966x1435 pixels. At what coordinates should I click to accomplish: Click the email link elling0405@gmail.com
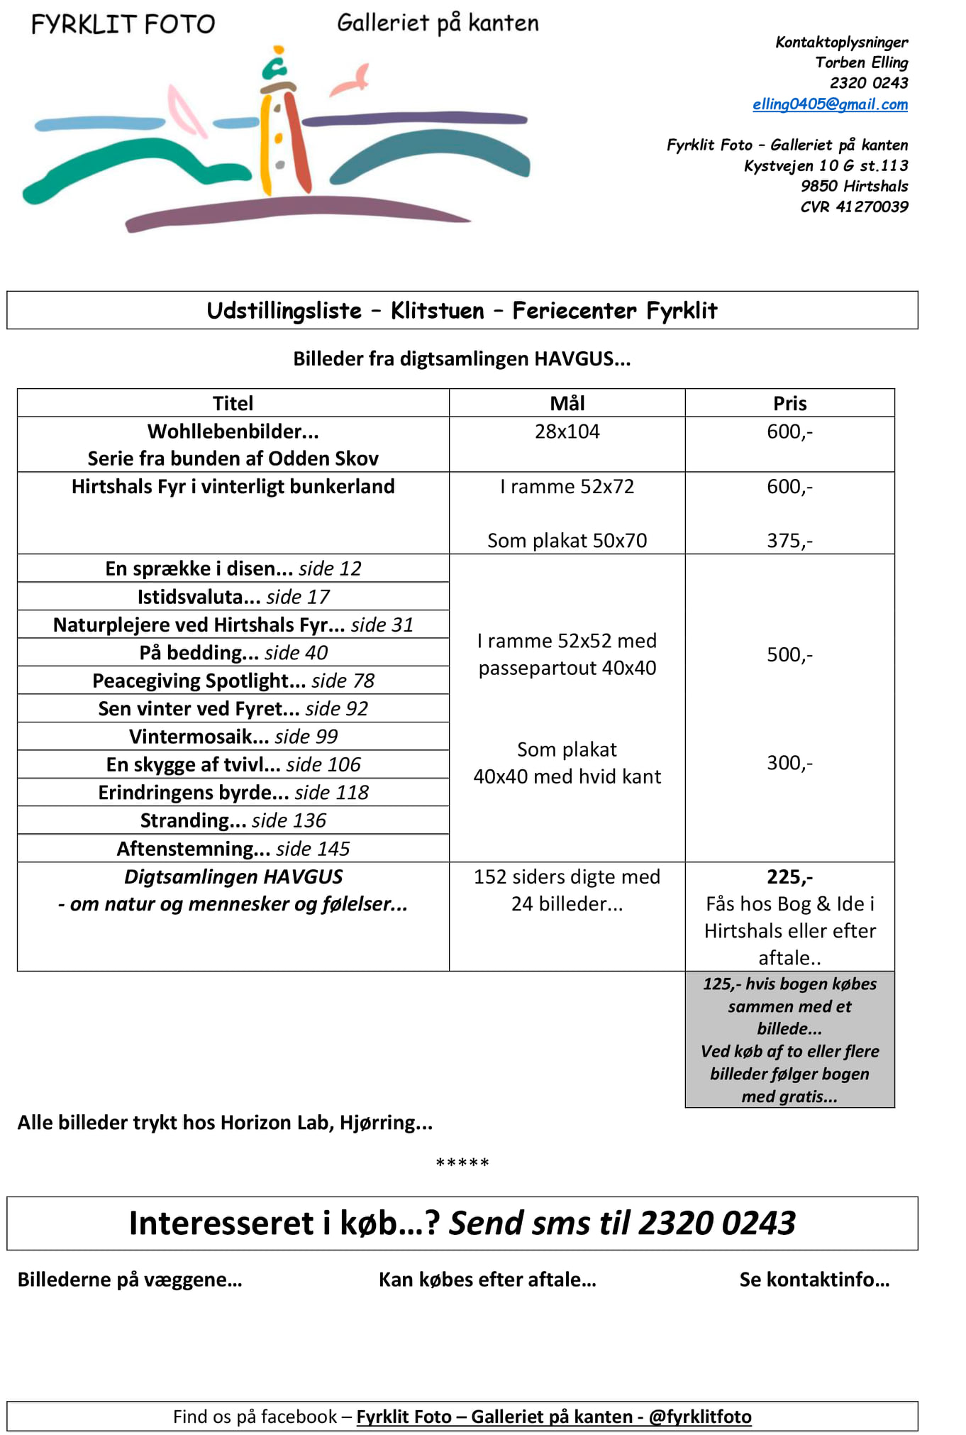pyautogui.click(x=830, y=104)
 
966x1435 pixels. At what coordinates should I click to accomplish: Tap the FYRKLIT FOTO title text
pyautogui.click(x=123, y=25)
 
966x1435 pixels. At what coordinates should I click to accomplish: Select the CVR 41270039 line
pyautogui.click(x=854, y=207)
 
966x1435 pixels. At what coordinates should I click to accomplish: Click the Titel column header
pyautogui.click(x=233, y=403)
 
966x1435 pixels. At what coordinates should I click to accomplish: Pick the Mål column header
pyautogui.click(x=567, y=403)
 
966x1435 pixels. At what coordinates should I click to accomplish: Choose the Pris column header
pyautogui.click(x=789, y=403)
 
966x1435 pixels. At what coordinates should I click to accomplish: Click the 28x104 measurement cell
pyautogui.click(x=567, y=431)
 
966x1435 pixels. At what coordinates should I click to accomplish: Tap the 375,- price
pyautogui.click(x=789, y=541)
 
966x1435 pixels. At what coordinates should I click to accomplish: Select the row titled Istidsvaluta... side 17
pyautogui.click(x=233, y=597)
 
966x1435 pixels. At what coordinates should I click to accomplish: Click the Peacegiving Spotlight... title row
pyautogui.click(x=233, y=681)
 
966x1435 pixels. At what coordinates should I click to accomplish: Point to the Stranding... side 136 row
pyautogui.click(x=233, y=820)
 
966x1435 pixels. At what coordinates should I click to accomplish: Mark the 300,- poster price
pyautogui.click(x=789, y=763)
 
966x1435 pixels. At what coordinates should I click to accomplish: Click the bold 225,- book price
pyautogui.click(x=789, y=877)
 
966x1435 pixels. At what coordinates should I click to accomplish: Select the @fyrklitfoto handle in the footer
pyautogui.click(x=700, y=1417)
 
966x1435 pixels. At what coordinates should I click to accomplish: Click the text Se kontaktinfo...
pyautogui.click(x=814, y=1280)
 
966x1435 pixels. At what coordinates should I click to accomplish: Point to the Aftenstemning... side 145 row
pyautogui.click(x=233, y=849)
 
